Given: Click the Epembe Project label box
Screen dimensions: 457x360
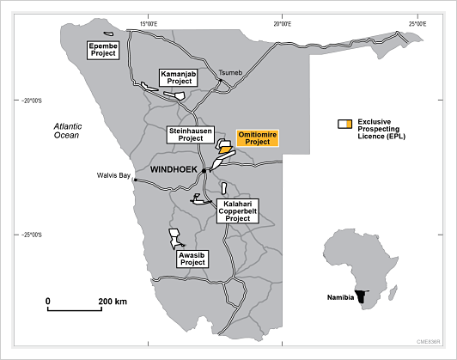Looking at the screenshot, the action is [x=103, y=50].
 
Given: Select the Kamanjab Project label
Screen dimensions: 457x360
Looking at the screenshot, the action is [x=179, y=78].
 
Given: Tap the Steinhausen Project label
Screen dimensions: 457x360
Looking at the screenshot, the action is [x=191, y=135].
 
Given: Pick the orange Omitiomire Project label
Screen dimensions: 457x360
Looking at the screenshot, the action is [x=258, y=138].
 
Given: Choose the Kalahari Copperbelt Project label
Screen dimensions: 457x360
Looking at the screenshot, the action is [x=238, y=211].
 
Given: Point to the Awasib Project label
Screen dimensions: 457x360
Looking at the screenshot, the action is [x=192, y=259].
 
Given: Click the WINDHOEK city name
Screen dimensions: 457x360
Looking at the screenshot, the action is [x=174, y=169].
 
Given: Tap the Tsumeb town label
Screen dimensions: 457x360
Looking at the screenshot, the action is [x=230, y=73].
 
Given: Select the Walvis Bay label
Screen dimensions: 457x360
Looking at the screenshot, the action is [x=113, y=175].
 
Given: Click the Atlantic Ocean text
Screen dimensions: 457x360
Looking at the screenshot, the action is [x=68, y=131].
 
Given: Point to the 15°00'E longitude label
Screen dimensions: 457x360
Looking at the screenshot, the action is [x=149, y=24].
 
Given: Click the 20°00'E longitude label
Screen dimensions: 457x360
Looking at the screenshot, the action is [x=282, y=24].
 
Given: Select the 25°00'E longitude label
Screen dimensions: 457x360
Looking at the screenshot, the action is [x=417, y=24].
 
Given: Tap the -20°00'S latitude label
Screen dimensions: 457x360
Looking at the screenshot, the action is [x=32, y=101].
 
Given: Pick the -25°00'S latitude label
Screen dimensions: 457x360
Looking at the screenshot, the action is [x=32, y=235].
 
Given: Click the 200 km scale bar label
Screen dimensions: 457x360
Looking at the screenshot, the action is [x=113, y=302].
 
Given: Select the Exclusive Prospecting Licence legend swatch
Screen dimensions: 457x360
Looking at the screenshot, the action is [x=345, y=125].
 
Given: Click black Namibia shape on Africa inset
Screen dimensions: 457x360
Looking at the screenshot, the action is [x=362, y=296].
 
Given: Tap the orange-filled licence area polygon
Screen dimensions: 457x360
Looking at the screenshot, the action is [x=225, y=149].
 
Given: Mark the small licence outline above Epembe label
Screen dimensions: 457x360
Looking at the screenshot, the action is [x=108, y=34].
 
